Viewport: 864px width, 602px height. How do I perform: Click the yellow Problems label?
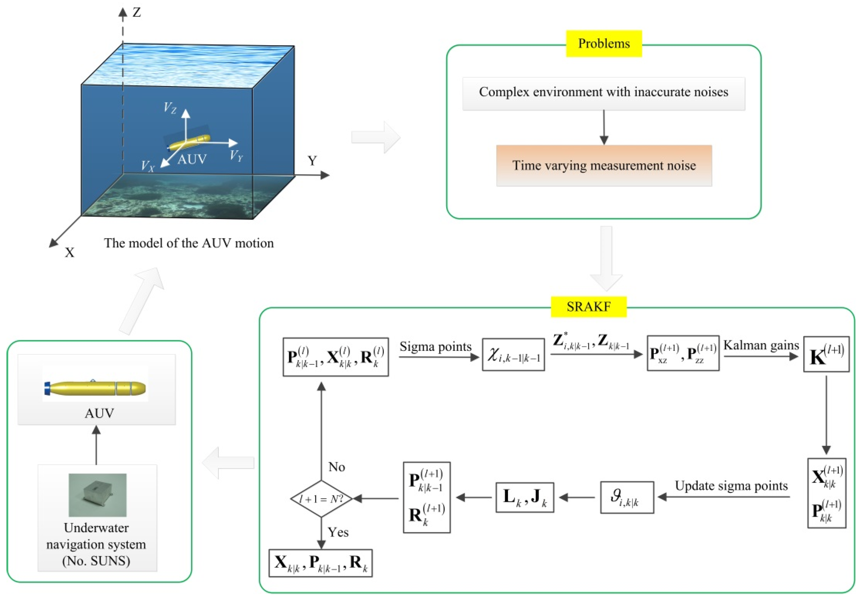pos(604,44)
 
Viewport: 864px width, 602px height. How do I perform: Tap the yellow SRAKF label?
pos(588,307)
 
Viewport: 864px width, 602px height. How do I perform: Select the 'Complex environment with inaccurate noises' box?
pos(604,94)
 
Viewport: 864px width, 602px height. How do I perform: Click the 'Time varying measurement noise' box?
pos(604,166)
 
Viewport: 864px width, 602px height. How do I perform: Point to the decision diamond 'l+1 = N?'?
pos(321,499)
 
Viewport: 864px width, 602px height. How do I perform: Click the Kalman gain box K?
pos(826,354)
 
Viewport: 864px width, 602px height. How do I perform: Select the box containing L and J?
pos(525,497)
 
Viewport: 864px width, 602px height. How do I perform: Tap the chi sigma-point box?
pos(513,355)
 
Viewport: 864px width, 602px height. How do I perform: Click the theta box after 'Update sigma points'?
pos(627,497)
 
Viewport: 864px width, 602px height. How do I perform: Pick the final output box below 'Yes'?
pos(321,563)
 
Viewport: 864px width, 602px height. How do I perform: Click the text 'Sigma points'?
pos(435,346)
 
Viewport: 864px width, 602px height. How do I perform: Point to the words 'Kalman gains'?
pos(761,345)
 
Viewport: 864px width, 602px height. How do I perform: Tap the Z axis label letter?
pos(137,12)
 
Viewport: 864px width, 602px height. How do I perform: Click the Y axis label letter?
pos(312,161)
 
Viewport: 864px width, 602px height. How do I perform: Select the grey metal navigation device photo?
pos(98,495)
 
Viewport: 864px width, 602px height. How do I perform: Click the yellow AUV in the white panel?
pos(95,388)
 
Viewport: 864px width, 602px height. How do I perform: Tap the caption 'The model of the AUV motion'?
pos(189,243)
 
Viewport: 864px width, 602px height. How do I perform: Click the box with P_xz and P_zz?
pos(683,353)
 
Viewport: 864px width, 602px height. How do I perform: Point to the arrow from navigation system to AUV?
pos(96,445)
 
